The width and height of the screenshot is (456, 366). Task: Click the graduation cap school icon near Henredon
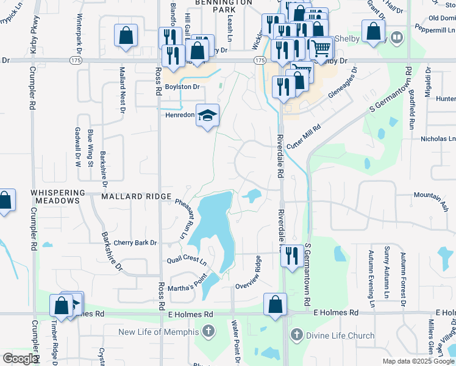click(x=207, y=114)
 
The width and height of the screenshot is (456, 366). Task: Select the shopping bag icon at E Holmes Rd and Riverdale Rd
click(x=275, y=303)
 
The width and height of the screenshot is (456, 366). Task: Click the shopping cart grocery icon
click(x=321, y=48)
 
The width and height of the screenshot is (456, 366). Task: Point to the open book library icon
click(x=397, y=38)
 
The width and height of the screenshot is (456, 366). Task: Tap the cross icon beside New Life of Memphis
click(x=208, y=332)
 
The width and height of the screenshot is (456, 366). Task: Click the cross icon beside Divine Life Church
click(x=296, y=334)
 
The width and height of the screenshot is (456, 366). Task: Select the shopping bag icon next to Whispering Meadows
click(x=5, y=201)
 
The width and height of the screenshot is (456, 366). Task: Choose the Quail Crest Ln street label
click(x=187, y=260)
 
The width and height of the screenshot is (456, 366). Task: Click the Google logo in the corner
click(x=20, y=359)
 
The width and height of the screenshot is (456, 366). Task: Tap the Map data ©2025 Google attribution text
click(x=418, y=361)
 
